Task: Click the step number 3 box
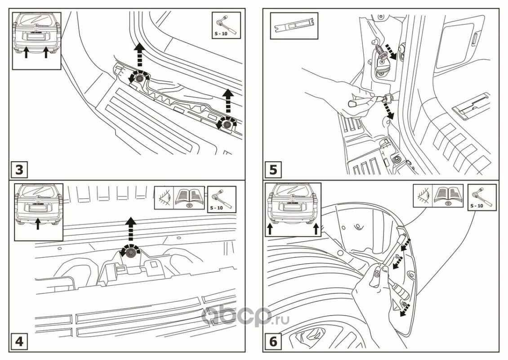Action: point(19,170)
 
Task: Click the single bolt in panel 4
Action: point(131,253)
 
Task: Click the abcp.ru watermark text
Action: point(245,317)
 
